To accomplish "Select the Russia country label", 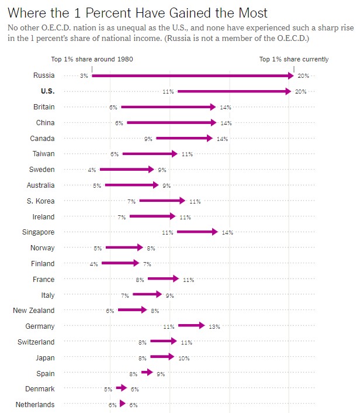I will click(44, 75).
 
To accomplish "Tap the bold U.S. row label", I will click(47, 91).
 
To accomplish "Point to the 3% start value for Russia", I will click(84, 76).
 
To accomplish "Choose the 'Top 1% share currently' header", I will click(293, 59).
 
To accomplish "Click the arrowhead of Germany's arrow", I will click(201, 326).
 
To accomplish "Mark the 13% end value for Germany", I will click(214, 326).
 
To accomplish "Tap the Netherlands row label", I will click(35, 404).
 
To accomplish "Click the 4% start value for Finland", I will click(94, 264).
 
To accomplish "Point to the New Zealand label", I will click(33, 311).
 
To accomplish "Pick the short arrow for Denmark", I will click(121, 388).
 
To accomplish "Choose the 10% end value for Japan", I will click(184, 357).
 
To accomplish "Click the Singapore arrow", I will click(196, 232).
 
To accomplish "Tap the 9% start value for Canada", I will click(148, 139).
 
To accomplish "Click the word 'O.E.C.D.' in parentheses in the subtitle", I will click(275, 39).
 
